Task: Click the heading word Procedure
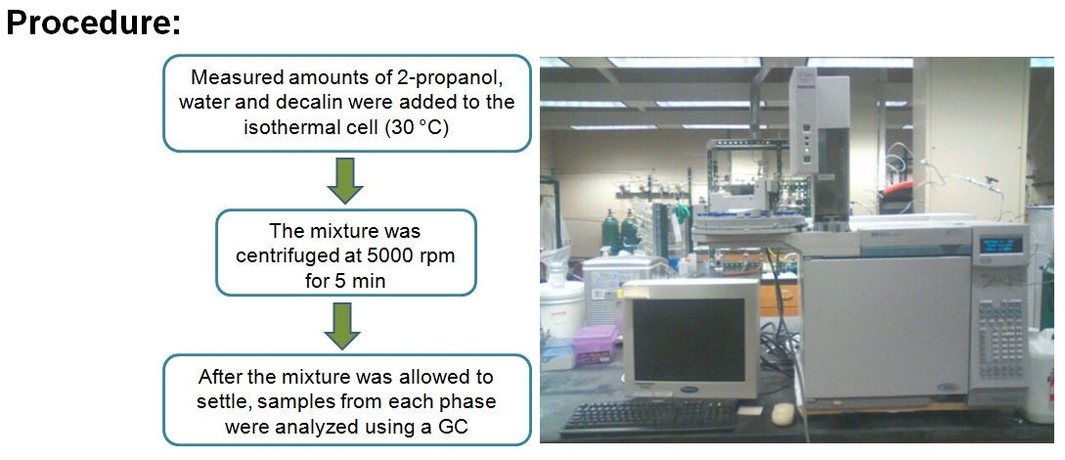[94, 23]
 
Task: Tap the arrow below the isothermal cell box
[346, 179]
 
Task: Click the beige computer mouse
[782, 413]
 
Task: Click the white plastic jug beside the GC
[1043, 366]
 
